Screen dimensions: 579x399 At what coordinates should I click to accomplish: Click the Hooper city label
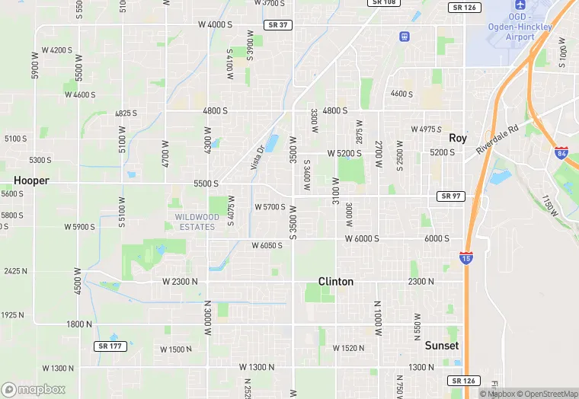(31, 181)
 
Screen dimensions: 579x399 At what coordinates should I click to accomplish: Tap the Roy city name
(457, 138)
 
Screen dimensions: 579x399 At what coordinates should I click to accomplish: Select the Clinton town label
(335, 282)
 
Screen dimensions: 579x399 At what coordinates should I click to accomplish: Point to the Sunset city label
(441, 346)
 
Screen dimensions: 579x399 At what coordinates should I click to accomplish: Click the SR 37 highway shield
(277, 25)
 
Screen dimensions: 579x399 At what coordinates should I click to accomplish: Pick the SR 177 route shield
(107, 346)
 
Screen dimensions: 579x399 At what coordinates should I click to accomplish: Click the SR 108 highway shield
(384, 2)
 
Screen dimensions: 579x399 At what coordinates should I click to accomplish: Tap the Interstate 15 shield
(466, 258)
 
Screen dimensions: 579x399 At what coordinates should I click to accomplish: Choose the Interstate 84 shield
(561, 153)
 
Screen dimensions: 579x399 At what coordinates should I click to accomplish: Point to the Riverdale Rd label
(497, 139)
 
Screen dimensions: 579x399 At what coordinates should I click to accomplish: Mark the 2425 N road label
(15, 271)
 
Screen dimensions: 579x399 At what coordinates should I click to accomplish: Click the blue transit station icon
(404, 36)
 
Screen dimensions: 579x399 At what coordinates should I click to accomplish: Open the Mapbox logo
(34, 389)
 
